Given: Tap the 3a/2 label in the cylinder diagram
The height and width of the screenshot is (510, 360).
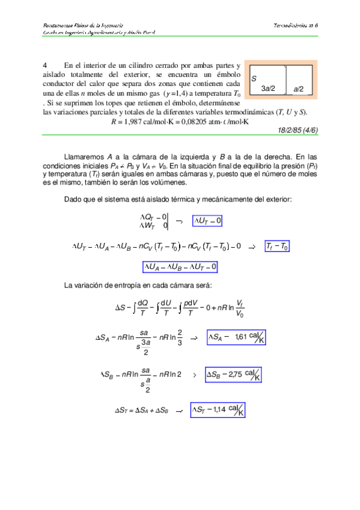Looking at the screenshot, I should pos(268,88).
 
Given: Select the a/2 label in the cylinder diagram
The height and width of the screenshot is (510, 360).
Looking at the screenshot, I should pos(299,89).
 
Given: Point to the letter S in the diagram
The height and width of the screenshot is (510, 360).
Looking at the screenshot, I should pos(254,79).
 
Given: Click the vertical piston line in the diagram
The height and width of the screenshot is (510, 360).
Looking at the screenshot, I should pos(286,80).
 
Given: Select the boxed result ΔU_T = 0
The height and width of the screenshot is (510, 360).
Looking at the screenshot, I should pos(207,221).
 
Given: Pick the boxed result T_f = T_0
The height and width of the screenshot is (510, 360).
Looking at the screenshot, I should pos(277,247).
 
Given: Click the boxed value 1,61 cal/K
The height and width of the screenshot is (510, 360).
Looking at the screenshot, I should pos(236,337).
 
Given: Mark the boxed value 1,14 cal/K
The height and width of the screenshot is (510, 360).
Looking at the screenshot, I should pos(218,410).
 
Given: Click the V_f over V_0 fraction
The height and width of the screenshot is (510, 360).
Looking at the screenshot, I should pos(239,308).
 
